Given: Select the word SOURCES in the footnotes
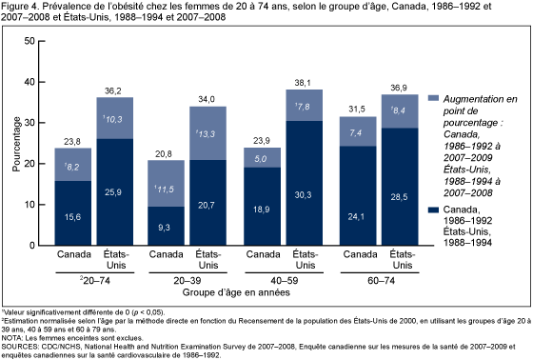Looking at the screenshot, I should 19,334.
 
